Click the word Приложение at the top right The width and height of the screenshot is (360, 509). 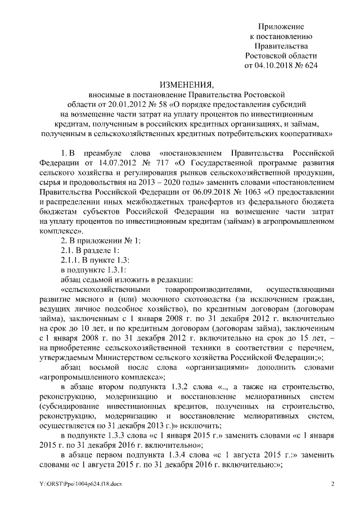[x=281, y=26]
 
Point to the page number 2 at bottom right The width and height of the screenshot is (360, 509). [x=332, y=484]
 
